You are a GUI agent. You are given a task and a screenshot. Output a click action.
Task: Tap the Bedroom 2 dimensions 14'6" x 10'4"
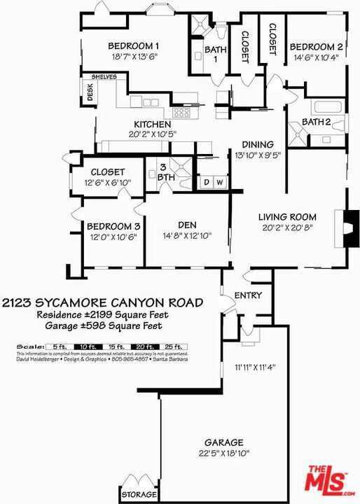click(316, 58)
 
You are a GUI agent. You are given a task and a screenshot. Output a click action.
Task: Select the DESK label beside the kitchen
click(90, 94)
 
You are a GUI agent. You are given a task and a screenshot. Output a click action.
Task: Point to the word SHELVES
click(104, 78)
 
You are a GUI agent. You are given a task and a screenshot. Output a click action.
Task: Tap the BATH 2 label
click(316, 122)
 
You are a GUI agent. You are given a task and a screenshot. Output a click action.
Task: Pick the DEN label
click(186, 225)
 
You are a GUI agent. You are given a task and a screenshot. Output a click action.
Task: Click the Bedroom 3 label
click(113, 227)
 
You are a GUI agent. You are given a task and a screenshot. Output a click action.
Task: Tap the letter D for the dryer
click(207, 183)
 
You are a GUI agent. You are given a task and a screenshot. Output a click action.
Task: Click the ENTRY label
click(247, 295)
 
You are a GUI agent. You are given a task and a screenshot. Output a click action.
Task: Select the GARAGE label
click(223, 442)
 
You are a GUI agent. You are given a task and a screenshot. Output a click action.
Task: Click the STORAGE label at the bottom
click(139, 496)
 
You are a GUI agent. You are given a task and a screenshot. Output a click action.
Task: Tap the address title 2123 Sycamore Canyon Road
click(102, 302)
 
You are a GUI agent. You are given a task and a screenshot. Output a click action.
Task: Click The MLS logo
click(328, 480)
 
